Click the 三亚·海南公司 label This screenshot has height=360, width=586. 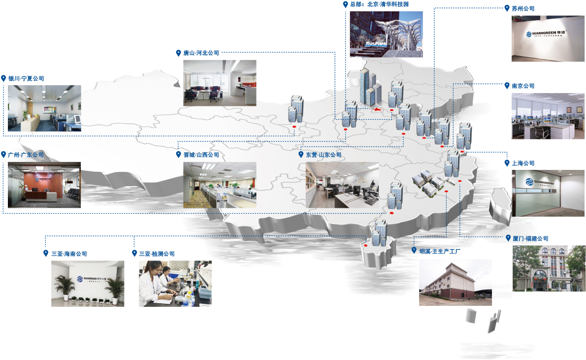point(69,254)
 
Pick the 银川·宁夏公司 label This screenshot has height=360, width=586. point(26,78)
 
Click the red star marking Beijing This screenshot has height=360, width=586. point(377,109)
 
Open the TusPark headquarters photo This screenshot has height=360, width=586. point(386,34)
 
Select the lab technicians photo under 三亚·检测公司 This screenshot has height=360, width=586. point(175,284)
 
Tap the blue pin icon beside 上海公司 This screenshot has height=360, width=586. point(507,163)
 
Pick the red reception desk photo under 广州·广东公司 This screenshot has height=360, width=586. point(44,185)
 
